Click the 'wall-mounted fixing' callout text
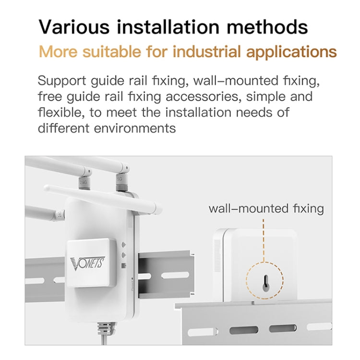pyautogui.click(x=266, y=209)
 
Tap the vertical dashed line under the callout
pyautogui.click(x=264, y=240)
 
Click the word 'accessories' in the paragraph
pyautogui.click(x=203, y=96)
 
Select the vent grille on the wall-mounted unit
pyautogui.click(x=218, y=249)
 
